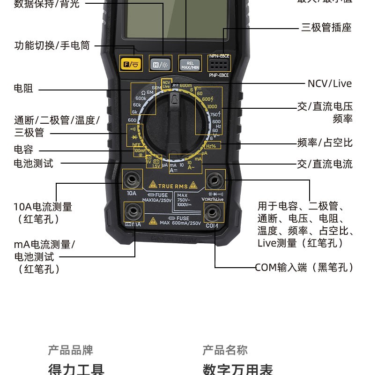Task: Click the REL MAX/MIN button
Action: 190,64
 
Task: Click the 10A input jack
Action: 132,180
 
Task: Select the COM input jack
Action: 212,214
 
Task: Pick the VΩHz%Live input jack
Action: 215,180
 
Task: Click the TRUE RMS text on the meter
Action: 172,186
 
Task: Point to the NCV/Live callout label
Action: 329,83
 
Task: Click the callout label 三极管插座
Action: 326,27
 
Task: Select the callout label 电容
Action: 23,150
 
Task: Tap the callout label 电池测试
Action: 33,163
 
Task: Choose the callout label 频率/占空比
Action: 325,142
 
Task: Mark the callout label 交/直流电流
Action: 325,164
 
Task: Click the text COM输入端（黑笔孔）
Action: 304,267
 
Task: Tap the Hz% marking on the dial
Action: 211,146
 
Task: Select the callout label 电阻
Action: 23,88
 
